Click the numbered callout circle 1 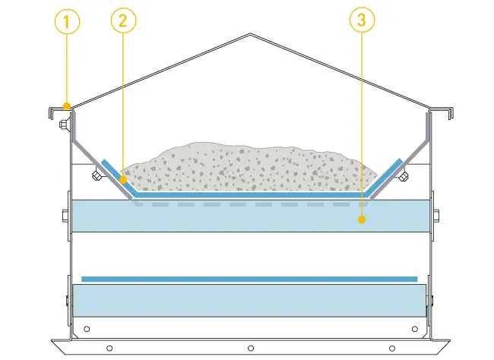pyautogui.click(x=67, y=21)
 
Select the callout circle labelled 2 pyautogui.click(x=123, y=21)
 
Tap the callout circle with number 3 pyautogui.click(x=361, y=21)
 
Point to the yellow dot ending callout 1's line pyautogui.click(x=67, y=106)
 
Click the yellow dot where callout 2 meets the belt pyautogui.click(x=123, y=180)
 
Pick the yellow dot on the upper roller pyautogui.click(x=361, y=220)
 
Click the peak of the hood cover pyautogui.click(x=251, y=34)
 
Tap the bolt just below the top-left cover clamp pyautogui.click(x=62, y=124)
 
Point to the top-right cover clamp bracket pyautogui.click(x=439, y=114)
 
